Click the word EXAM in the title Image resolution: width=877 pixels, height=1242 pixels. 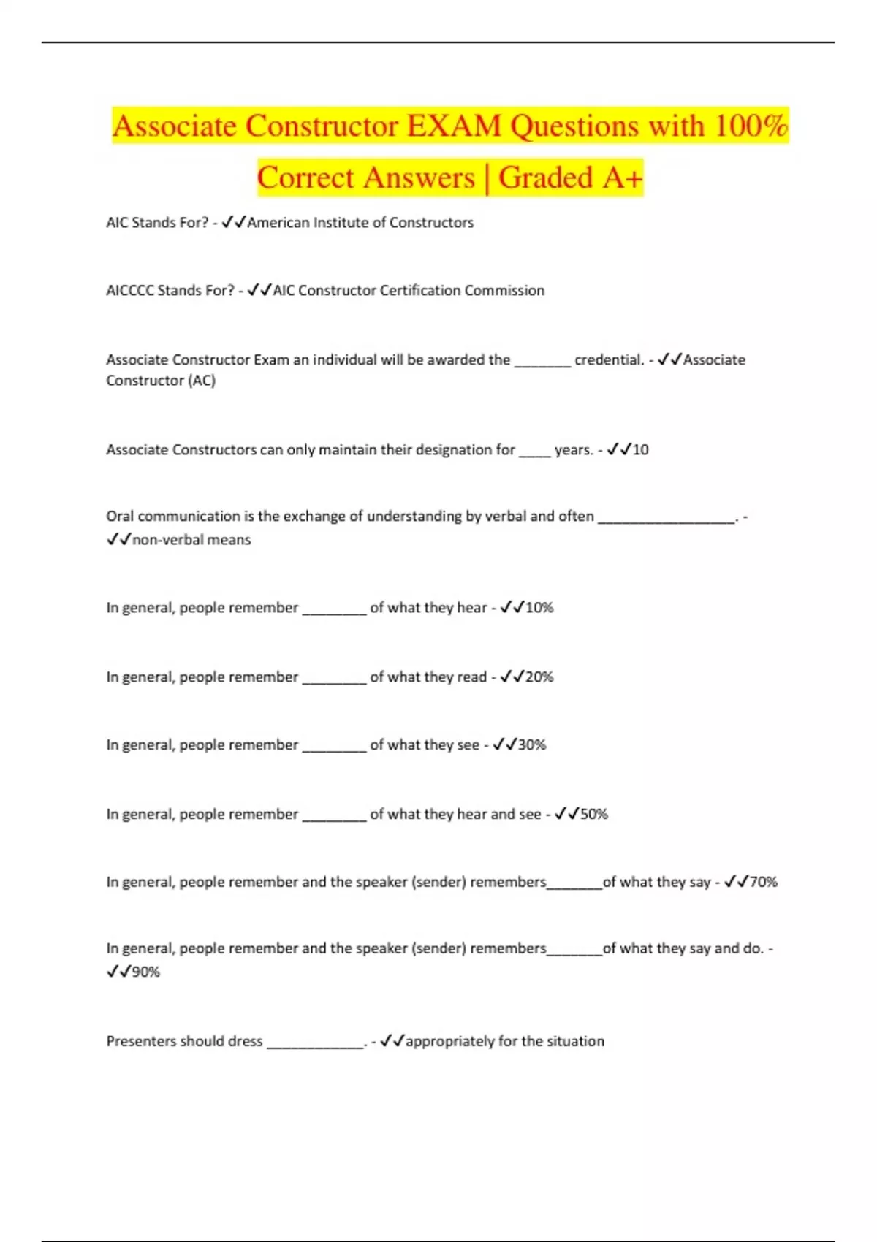(454, 126)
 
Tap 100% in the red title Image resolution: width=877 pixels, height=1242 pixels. (751, 126)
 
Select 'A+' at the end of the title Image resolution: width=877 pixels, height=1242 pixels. (623, 178)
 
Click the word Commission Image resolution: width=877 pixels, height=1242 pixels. (504, 291)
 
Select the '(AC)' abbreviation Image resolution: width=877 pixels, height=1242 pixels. (202, 381)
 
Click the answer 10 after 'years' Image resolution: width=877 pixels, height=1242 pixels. (640, 450)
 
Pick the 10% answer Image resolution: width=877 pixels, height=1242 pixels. (539, 608)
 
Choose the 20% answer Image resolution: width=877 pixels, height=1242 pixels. (539, 677)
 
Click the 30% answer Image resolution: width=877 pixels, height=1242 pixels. (532, 745)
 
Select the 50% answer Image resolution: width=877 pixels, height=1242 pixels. (594, 815)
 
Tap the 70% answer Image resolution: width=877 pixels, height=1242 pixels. (764, 883)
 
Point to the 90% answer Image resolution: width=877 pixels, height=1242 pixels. (145, 972)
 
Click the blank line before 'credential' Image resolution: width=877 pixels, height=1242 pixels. (542, 362)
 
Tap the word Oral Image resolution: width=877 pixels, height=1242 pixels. (120, 517)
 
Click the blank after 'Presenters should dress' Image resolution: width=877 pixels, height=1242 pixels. (315, 1045)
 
